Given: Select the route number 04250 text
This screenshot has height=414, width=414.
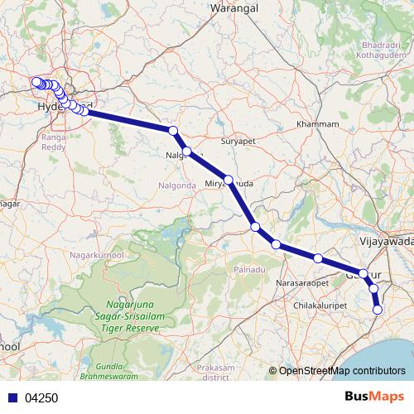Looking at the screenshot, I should coord(41,397).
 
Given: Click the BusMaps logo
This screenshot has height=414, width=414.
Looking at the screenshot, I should coord(374,397).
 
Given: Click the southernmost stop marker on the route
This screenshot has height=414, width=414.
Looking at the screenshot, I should coord(378,310).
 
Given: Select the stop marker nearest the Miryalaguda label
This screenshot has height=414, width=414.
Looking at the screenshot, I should coord(229,179).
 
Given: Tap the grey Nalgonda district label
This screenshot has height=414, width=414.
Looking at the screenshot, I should coord(177,185).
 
